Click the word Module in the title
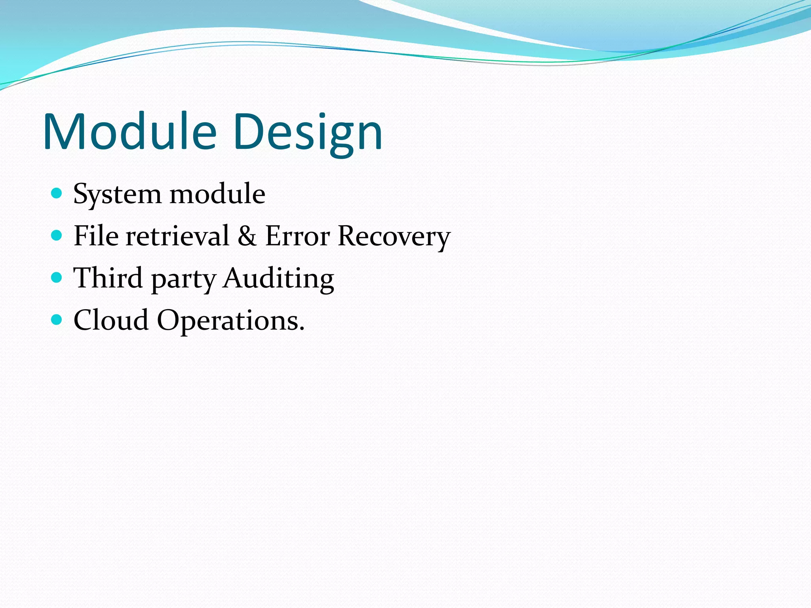pyautogui.click(x=130, y=132)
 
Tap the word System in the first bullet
pyautogui.click(x=117, y=194)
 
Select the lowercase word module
pyautogui.click(x=217, y=194)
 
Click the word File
pyautogui.click(x=96, y=236)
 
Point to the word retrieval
pyautogui.click(x=177, y=236)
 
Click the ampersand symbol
pyautogui.click(x=247, y=236)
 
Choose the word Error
pyautogui.click(x=297, y=236)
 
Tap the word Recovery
pyautogui.click(x=394, y=237)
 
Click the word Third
pyautogui.click(x=108, y=278)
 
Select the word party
pyautogui.click(x=183, y=279)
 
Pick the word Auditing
pyautogui.click(x=278, y=279)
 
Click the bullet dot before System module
pyautogui.click(x=57, y=193)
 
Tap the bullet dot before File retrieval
pyautogui.click(x=57, y=236)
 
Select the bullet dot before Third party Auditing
pyautogui.click(x=57, y=277)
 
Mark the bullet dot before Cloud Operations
pyautogui.click(x=57, y=319)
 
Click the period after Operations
pyautogui.click(x=302, y=329)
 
